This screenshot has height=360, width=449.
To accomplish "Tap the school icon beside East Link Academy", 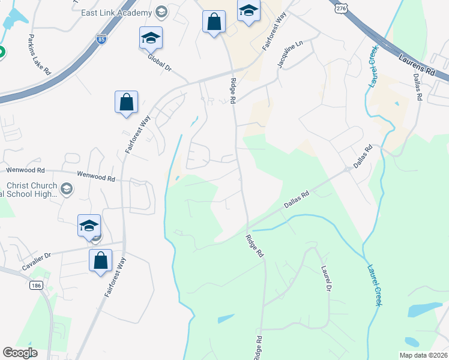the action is (x=161, y=11).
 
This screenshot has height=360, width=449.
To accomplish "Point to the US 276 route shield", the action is (x=341, y=7).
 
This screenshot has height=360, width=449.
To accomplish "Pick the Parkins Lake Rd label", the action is (x=39, y=55).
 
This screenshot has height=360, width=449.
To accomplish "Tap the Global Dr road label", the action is (x=160, y=64).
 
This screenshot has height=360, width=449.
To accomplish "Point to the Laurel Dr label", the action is (x=327, y=278).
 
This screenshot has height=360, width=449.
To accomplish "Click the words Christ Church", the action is (x=32, y=186).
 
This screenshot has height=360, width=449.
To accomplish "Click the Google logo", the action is (x=20, y=353).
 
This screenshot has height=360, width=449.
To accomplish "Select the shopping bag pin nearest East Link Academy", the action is (x=214, y=22).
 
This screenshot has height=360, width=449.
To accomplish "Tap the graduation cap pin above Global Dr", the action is (x=151, y=38).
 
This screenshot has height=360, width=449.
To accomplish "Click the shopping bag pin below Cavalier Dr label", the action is (x=100, y=261).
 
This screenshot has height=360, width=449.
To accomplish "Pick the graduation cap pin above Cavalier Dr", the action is (x=89, y=226).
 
